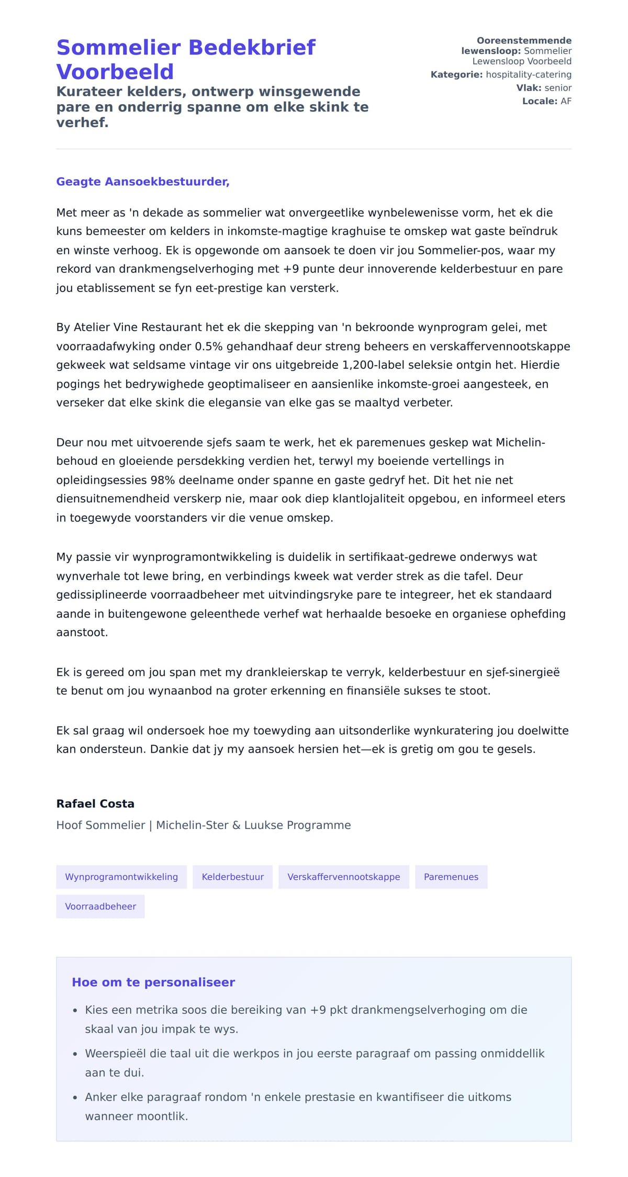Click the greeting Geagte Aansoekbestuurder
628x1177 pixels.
(142, 182)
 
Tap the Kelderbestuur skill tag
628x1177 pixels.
(232, 877)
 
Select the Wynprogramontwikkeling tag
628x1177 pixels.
(121, 877)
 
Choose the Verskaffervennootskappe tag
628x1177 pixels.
(343, 877)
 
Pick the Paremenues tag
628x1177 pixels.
(451, 877)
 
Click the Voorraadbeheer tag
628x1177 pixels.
(100, 906)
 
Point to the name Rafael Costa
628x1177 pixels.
(95, 804)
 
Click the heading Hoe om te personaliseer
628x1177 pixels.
(153, 982)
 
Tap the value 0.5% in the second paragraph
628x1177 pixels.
(209, 346)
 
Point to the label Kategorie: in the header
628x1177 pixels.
(456, 75)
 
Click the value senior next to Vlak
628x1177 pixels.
(557, 88)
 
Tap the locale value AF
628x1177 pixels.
(566, 101)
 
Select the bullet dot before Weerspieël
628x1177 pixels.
(75, 1054)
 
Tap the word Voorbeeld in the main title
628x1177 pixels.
(115, 72)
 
